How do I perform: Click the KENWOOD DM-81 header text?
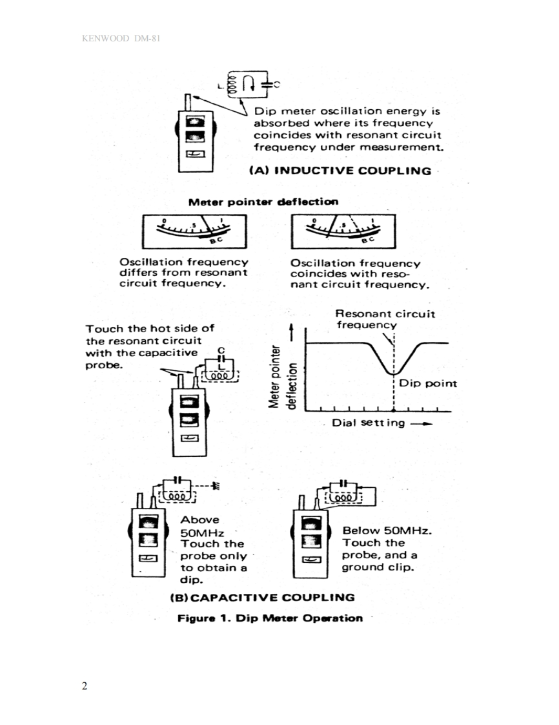121,39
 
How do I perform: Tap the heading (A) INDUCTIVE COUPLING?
340,171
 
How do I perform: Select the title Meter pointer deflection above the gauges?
263,202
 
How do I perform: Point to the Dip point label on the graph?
427,383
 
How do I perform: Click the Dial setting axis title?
369,423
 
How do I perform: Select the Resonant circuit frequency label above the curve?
385,319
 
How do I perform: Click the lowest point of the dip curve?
393,374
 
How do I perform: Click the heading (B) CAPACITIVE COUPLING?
262,596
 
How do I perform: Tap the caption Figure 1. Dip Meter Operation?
270,618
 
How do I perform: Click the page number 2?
85,686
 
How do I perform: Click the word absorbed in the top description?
281,123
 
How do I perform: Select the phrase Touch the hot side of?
150,328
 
